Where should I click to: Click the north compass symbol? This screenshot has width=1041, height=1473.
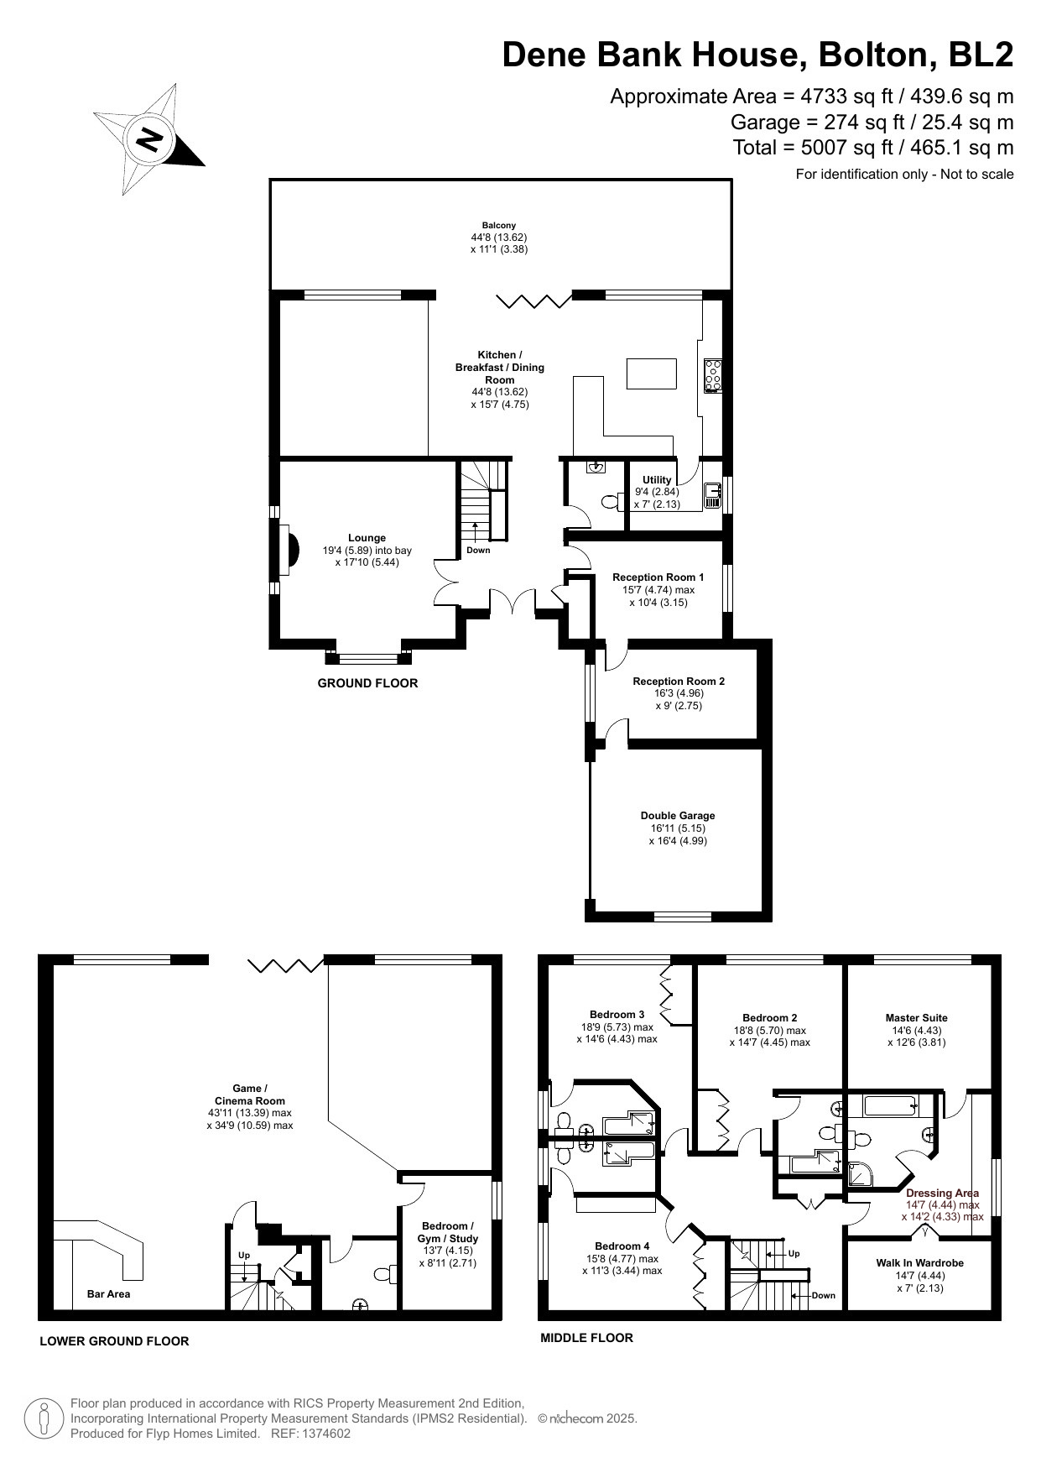coord(149,139)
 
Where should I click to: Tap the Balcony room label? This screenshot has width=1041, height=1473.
coord(499,226)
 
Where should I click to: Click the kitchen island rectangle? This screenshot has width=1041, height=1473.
coord(652,373)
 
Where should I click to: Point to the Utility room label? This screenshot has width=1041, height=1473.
coord(658,480)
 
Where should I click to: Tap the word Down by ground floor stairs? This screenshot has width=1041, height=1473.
coord(478,551)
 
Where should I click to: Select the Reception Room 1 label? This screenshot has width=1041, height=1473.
coord(658,577)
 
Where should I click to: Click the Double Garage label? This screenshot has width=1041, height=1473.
coord(678,815)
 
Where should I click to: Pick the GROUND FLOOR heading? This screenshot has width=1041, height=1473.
coord(367,683)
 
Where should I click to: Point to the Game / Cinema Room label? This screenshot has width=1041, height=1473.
coord(250,1094)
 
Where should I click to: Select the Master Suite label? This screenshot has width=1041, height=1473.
coord(916,1018)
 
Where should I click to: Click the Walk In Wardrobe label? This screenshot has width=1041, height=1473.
coord(919,1262)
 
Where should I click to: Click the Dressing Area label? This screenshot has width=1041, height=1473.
coord(942,1193)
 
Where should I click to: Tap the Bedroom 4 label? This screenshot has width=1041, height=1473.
coord(622,1246)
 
